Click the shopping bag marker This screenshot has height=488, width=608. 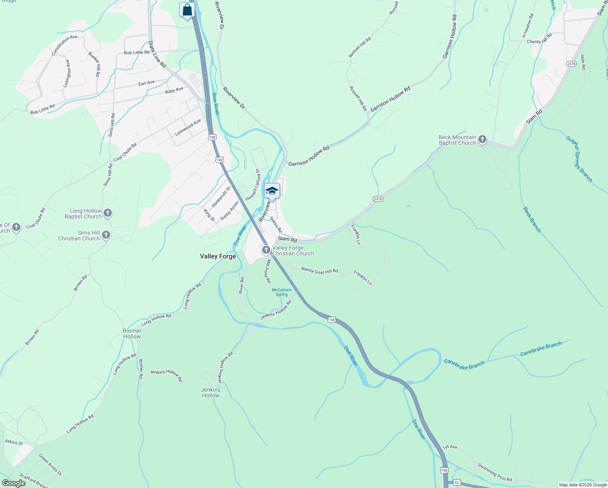(x=187, y=10)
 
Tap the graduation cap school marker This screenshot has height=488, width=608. (x=272, y=191)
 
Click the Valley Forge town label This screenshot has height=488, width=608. (x=218, y=256)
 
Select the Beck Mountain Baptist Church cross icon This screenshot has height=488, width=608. (x=482, y=140)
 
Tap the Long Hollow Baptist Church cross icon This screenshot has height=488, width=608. (x=108, y=213)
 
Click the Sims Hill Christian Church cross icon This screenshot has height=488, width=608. (x=106, y=235)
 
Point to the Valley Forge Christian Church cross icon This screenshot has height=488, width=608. (x=266, y=250)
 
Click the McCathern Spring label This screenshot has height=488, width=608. (x=282, y=292)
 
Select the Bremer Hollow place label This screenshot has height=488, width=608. (x=132, y=333)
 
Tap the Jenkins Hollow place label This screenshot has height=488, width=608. (x=211, y=392)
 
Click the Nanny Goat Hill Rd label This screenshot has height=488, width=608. (x=319, y=270)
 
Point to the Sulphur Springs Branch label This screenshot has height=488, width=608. (x=579, y=159)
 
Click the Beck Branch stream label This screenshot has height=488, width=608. (x=532, y=220)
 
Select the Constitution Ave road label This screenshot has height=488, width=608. (x=64, y=45)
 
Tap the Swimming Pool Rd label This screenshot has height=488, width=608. (x=495, y=472)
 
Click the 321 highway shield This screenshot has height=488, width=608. (x=457, y=482)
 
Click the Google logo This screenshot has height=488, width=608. (x=13, y=483)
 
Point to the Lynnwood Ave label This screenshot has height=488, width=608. (x=188, y=128)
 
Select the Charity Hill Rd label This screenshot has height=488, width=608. (x=539, y=39)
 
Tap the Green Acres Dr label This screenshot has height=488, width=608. (x=50, y=465)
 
